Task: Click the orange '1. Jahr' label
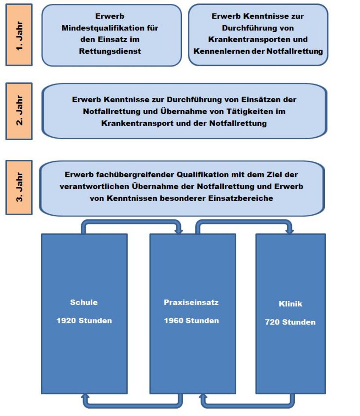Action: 19,35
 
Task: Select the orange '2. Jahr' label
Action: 19,111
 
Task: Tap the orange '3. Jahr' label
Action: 19,187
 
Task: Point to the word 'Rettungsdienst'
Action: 110,51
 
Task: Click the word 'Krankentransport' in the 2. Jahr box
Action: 137,123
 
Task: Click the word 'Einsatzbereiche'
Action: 240,198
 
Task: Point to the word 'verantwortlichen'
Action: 94,186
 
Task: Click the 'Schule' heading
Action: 84,302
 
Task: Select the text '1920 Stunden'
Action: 84,320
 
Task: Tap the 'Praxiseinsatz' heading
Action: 191,302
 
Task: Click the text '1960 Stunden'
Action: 191,320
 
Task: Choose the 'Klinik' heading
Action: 290,304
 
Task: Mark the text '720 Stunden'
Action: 290,322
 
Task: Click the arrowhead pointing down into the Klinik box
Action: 289,231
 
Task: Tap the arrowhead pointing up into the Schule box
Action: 85,396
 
